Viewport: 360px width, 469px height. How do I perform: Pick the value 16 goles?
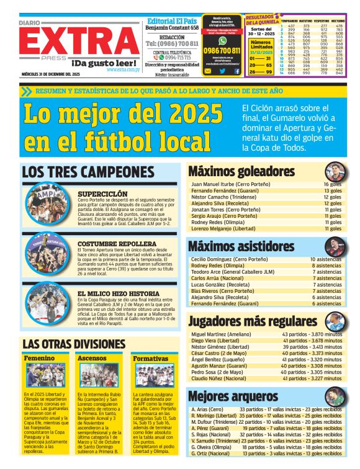(x=332, y=184)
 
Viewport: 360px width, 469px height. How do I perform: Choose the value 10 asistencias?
(x=326, y=259)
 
